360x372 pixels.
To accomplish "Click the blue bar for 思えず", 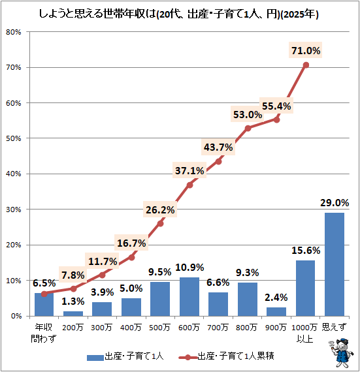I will tap(335, 264).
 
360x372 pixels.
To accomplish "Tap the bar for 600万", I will tap(189, 297).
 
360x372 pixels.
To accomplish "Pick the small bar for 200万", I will tap(73, 314).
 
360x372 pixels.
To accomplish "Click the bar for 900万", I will tap(276, 312).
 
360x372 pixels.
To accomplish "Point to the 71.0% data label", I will tap(305, 50).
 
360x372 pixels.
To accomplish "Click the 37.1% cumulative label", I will tap(189, 171).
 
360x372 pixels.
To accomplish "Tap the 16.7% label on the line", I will tap(131, 243).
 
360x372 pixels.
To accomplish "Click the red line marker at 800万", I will tap(248, 128).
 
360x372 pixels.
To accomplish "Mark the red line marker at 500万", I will tap(160, 223).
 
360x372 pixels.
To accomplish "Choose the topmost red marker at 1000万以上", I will tap(305, 65).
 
